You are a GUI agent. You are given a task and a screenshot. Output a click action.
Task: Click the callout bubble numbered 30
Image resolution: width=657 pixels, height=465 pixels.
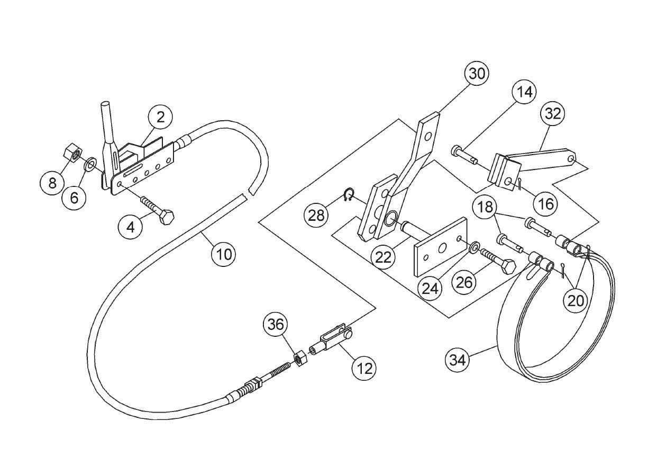pos(477,74)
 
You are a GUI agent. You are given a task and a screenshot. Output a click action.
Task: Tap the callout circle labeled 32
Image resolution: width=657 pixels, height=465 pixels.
pos(553,114)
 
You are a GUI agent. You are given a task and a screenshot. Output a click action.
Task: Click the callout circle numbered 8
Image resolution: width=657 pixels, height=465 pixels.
pos(52,184)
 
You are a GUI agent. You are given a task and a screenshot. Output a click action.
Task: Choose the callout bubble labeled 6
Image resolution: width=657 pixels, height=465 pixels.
pos(74,198)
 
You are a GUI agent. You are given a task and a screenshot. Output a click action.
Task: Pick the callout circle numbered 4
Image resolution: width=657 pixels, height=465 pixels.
pos(130,227)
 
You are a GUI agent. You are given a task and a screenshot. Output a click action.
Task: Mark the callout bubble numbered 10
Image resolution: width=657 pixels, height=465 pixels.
pos(224,254)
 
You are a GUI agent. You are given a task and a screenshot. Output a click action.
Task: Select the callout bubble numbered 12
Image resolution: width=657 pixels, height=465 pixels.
pos(364,367)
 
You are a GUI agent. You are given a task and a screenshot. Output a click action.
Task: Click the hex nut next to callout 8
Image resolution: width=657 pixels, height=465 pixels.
pos(71,154)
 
